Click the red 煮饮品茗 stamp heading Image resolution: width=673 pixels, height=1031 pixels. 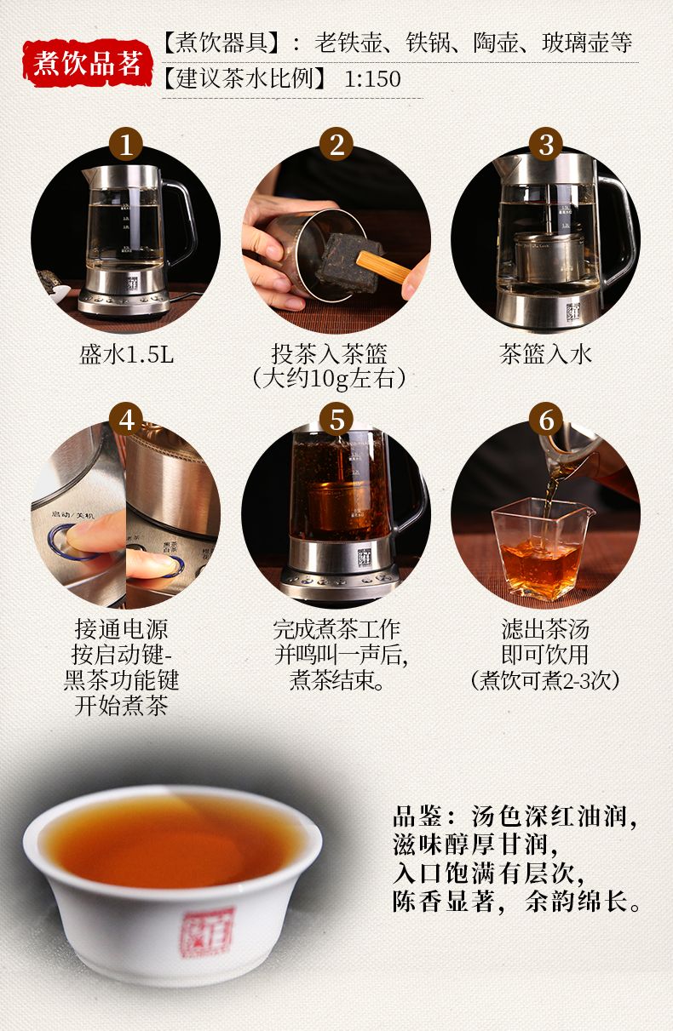click(88, 63)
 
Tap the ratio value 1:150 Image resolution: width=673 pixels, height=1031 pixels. click(372, 78)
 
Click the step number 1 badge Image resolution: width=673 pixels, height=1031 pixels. click(126, 144)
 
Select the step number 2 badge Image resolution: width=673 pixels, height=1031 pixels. click(336, 144)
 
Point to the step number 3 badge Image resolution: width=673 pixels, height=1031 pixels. click(546, 144)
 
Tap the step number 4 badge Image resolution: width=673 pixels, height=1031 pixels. click(126, 420)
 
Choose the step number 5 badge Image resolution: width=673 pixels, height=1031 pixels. click(336, 420)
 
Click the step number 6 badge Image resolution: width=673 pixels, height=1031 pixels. click(546, 420)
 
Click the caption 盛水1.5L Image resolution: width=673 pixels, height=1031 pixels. click(126, 355)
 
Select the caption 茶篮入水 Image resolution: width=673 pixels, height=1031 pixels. click(546, 355)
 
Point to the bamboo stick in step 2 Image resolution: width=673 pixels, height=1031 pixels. click(383, 266)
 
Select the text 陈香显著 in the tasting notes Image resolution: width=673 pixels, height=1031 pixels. click(443, 901)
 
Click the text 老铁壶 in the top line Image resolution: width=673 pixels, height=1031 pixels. click(348, 43)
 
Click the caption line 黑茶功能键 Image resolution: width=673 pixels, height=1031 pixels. click(121, 680)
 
